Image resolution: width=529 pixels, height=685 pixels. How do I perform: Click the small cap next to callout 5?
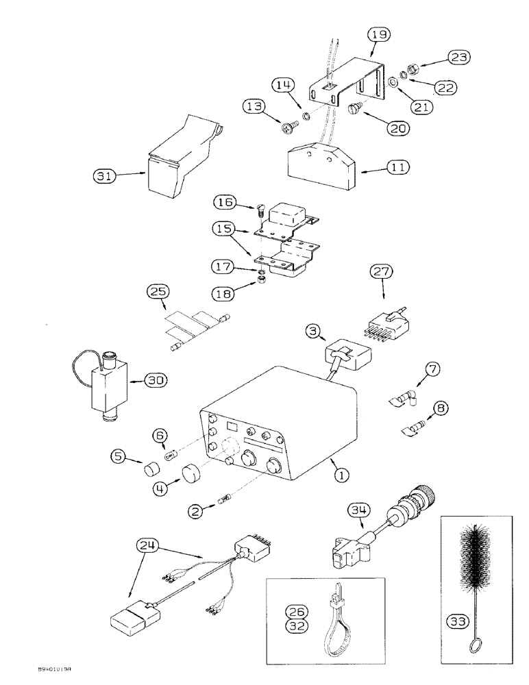coord(150,470)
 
